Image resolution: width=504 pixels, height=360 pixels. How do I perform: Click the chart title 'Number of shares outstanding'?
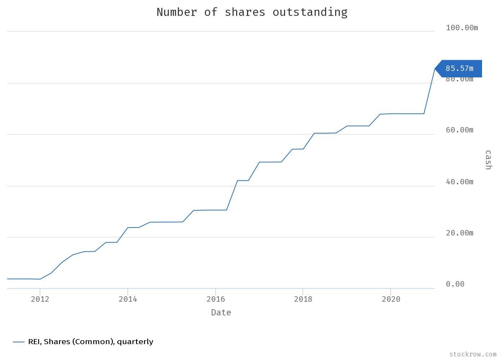pos(252,12)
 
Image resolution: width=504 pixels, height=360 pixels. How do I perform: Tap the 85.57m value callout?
pos(459,68)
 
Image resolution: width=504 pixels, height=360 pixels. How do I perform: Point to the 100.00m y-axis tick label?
pos(462,28)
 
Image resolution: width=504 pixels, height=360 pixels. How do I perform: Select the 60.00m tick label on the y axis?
pos(459,130)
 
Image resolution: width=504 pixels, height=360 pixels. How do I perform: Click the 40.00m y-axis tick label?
pos(459,182)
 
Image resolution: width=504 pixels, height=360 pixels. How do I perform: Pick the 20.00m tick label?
pos(459,233)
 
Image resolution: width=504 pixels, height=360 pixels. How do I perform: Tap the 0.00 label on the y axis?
pos(455,284)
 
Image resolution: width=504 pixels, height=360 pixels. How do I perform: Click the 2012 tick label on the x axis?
pos(40,299)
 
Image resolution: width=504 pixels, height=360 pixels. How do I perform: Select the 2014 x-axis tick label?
pos(128,299)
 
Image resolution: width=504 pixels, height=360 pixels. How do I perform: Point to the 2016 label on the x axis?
pos(215,299)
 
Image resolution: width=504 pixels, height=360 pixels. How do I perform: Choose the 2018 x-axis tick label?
pos(303,299)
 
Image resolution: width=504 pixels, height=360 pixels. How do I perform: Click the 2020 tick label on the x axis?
pos(391,299)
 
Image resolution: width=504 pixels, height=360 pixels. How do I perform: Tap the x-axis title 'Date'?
pos(221,312)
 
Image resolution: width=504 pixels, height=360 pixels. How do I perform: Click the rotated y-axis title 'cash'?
pos(488,160)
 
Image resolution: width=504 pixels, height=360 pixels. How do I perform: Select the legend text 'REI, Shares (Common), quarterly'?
pos(91,342)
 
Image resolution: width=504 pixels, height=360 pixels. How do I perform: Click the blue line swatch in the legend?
pos(19,342)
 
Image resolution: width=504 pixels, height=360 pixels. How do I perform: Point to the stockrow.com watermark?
pos(473,354)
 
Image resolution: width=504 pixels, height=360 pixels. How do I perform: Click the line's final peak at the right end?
pos(435,68)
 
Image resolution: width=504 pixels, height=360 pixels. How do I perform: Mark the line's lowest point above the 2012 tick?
pos(40,279)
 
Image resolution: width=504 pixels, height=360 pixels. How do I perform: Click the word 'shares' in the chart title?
pos(245,12)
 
